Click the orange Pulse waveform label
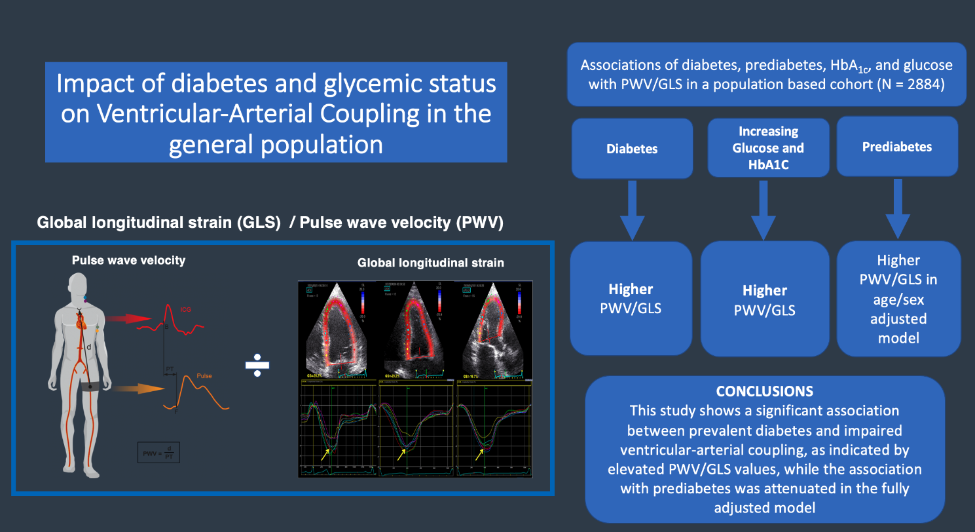point(205,376)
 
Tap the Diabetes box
point(631,149)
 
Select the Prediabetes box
point(896,147)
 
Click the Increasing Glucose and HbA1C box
point(765,148)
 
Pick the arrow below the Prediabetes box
point(898,210)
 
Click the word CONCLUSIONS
point(764,391)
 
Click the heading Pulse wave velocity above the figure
point(128,260)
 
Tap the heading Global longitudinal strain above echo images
point(430,263)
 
